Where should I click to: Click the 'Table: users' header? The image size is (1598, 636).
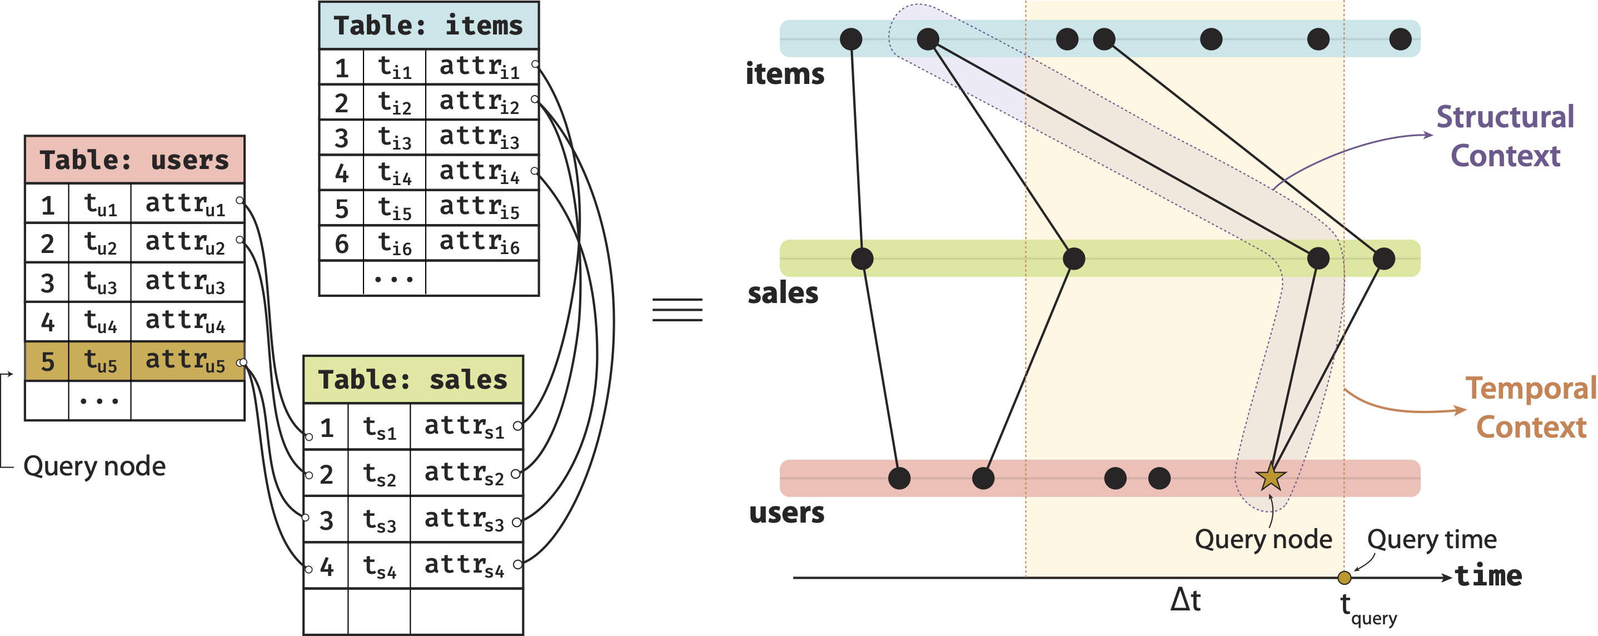point(134,160)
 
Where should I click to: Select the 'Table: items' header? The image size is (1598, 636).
point(428,26)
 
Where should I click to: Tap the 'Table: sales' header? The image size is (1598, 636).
point(412,380)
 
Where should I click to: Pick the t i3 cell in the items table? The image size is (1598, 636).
point(395,138)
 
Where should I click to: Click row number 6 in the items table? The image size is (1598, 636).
point(341,244)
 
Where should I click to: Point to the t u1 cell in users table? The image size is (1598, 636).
point(100,204)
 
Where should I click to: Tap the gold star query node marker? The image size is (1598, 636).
point(1270,477)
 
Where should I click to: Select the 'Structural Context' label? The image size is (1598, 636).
point(1505,136)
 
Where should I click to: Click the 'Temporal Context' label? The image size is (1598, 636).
point(1530,408)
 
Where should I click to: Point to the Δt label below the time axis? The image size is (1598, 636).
point(1185,600)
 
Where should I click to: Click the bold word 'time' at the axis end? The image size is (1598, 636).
point(1488,576)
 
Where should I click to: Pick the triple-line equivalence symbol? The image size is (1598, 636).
point(677,310)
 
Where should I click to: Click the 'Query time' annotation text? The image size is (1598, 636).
point(1431,539)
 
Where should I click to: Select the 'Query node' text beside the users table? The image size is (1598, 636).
point(94,466)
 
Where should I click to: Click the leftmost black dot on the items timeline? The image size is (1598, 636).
point(850,39)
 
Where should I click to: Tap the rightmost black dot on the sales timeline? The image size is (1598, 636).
point(1383,258)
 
